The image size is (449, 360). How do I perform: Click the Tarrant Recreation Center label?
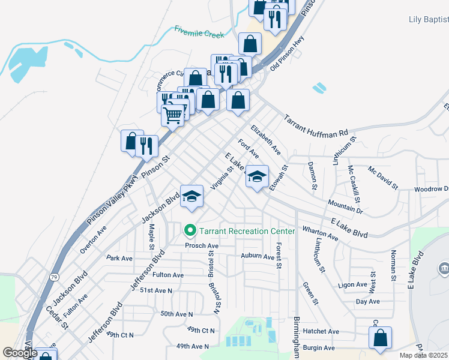click(247, 231)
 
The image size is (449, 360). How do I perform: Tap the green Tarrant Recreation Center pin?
click(191, 230)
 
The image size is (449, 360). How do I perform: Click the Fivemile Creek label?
click(199, 31)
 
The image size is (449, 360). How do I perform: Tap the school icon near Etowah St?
click(257, 177)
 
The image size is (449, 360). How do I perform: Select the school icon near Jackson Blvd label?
click(192, 196)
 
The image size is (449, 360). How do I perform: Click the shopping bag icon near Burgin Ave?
click(381, 338)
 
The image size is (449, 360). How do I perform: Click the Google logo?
click(20, 353)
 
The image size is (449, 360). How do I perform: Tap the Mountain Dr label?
click(345, 208)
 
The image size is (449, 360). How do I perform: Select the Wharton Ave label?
click(321, 233)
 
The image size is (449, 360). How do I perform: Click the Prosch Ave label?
click(202, 245)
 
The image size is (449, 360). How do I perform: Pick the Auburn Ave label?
click(257, 256)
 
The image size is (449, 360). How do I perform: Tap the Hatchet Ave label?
click(322, 331)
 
